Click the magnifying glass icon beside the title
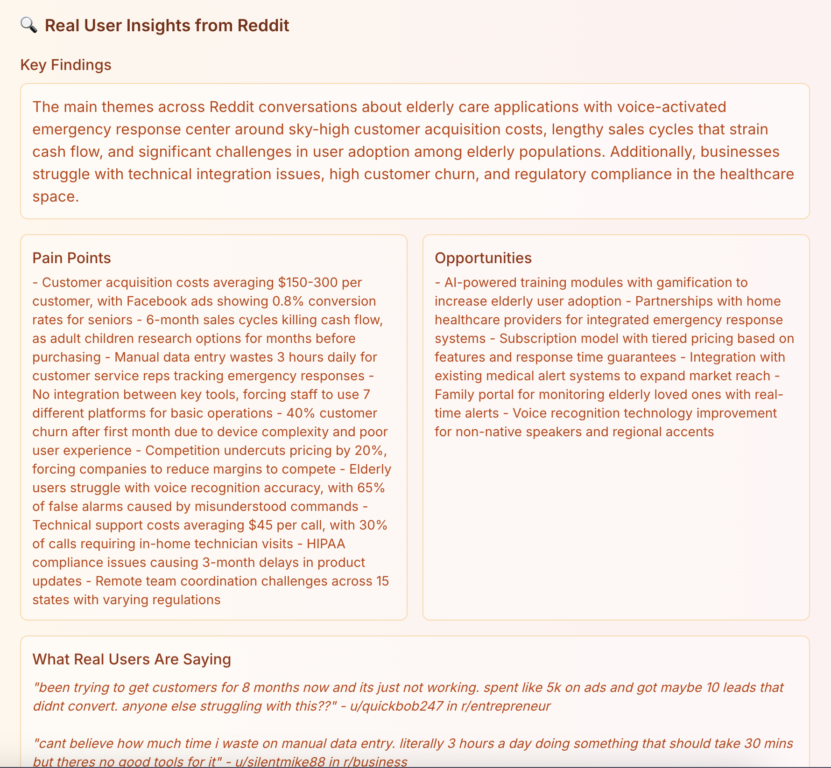(x=29, y=25)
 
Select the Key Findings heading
(x=66, y=65)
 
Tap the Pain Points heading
(x=71, y=258)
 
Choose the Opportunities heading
(x=483, y=258)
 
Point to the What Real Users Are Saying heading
(x=132, y=659)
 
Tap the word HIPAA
(x=326, y=544)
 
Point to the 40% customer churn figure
(x=298, y=413)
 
